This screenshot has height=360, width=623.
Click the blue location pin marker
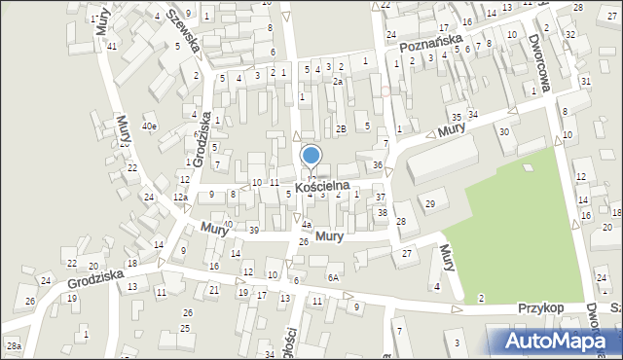click(x=311, y=157)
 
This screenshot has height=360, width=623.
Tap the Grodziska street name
click(x=95, y=280)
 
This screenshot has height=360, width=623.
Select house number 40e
click(x=149, y=126)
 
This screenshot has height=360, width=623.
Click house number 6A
click(x=333, y=278)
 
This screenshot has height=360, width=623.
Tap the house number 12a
click(x=180, y=198)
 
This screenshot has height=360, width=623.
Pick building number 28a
click(x=14, y=345)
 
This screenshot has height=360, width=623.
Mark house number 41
click(x=113, y=47)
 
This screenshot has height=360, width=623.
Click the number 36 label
click(x=378, y=165)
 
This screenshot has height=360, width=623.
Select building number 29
click(x=429, y=202)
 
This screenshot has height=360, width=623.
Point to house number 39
click(x=253, y=230)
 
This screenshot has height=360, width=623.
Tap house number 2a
click(x=337, y=82)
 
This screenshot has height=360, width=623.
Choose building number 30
click(x=503, y=131)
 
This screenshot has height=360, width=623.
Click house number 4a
click(x=306, y=225)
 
